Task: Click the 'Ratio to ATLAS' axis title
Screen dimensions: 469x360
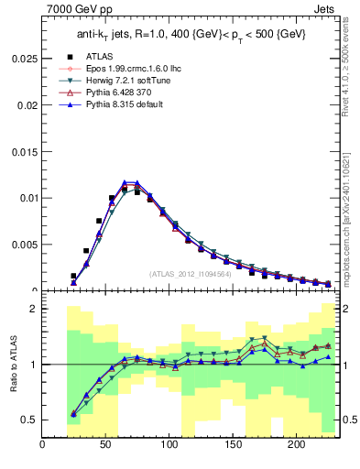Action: [13, 365]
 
